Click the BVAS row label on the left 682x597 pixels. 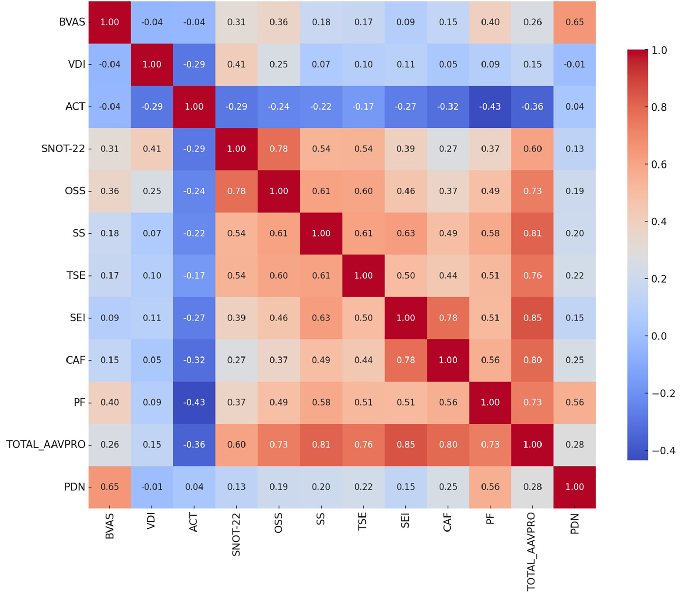click(72, 22)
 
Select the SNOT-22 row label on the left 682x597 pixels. click(63, 149)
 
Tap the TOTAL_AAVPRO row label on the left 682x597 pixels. click(46, 445)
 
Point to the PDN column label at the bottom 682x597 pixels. click(575, 524)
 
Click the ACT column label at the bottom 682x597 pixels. click(194, 522)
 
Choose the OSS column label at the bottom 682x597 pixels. click(279, 523)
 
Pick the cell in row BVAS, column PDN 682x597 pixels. click(575, 22)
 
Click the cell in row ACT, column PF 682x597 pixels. click(490, 107)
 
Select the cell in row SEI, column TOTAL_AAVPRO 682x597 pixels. click(532, 318)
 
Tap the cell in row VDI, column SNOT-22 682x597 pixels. click(236, 64)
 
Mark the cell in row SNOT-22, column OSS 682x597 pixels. click(279, 149)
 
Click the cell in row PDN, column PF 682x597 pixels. click(490, 487)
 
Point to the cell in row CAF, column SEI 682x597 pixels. click(405, 360)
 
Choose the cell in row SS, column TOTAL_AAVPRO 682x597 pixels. click(532, 233)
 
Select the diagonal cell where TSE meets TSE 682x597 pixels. click(363, 276)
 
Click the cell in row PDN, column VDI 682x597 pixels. click(152, 487)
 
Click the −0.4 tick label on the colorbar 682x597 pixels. click(663, 451)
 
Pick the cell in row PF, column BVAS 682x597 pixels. click(109, 403)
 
